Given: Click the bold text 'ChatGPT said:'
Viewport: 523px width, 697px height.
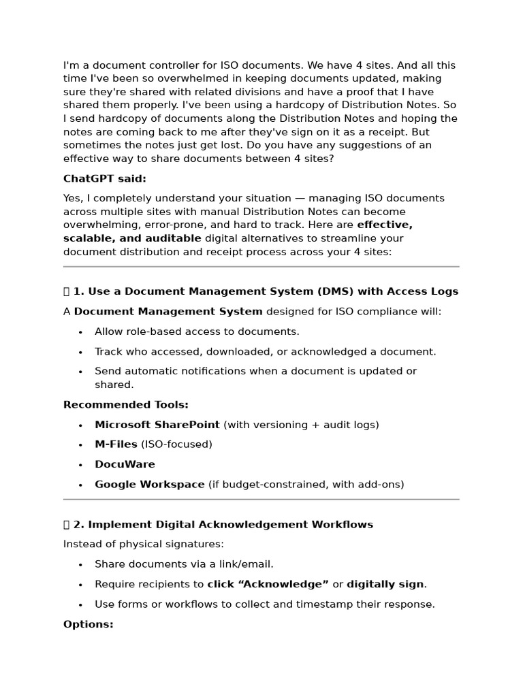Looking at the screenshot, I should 104,179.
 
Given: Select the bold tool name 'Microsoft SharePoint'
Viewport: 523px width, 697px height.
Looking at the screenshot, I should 157,425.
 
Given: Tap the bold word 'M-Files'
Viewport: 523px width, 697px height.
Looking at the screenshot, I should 116,444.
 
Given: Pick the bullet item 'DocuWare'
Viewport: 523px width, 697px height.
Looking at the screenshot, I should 125,464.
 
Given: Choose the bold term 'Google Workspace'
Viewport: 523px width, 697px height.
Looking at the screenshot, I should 149,485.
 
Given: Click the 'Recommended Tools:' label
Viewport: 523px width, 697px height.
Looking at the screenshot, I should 125,405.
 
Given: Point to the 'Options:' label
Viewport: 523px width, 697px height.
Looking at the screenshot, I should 88,624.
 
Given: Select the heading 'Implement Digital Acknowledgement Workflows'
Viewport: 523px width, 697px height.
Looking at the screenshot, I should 230,525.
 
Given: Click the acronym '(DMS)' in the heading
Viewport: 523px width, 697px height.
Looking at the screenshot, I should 336,291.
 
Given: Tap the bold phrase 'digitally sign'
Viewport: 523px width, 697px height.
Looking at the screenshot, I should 385,584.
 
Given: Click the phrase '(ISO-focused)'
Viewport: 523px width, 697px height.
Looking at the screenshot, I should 176,444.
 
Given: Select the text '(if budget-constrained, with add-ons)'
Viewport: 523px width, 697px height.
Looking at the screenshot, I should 306,485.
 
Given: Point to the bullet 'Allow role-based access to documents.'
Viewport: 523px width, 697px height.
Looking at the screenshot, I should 197,331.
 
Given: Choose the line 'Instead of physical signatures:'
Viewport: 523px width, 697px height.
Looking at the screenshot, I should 143,544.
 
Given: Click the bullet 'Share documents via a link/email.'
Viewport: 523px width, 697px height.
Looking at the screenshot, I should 184,564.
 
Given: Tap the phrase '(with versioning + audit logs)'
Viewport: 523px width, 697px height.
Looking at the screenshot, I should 301,425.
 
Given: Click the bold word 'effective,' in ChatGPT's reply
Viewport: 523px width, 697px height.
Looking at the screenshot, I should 384,225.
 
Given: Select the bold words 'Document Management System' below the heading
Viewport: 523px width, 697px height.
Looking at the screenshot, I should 168,312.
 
